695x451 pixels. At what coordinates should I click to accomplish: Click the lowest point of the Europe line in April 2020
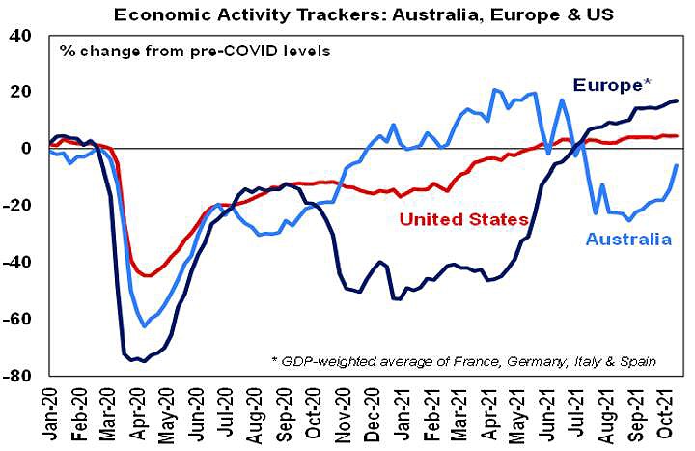pyautogui.click(x=141, y=361)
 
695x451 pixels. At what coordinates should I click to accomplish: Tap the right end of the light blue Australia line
pyautogui.click(x=676, y=165)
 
